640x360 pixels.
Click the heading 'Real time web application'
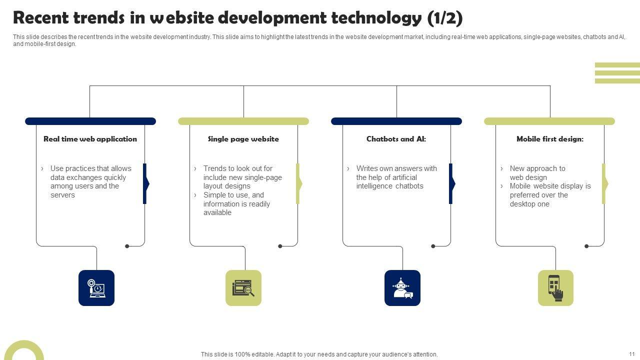coord(90,139)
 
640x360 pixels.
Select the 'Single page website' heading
coord(243,139)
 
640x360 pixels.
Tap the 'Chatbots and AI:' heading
coord(396,139)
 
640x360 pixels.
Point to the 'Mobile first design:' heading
coord(550,139)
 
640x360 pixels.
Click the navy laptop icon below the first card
coord(96,288)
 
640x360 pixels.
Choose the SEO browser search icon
coord(243,288)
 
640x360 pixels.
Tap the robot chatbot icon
coord(402,288)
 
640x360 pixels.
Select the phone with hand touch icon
coord(555,288)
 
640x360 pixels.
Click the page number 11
coord(632,354)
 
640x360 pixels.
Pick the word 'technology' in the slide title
coord(375,18)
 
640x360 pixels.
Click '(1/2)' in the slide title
coord(445,18)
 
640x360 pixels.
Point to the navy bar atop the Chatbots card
coord(396,121)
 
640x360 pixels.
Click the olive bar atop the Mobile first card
coord(549,121)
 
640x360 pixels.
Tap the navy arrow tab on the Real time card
coord(145,183)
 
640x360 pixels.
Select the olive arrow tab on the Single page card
coord(298,183)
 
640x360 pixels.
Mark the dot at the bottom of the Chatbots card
coord(433,246)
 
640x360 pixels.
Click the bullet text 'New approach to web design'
coord(537,173)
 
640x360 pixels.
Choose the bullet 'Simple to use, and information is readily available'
coord(236,204)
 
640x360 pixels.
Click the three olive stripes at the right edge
coord(617,73)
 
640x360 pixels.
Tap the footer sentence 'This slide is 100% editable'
coord(319,354)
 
